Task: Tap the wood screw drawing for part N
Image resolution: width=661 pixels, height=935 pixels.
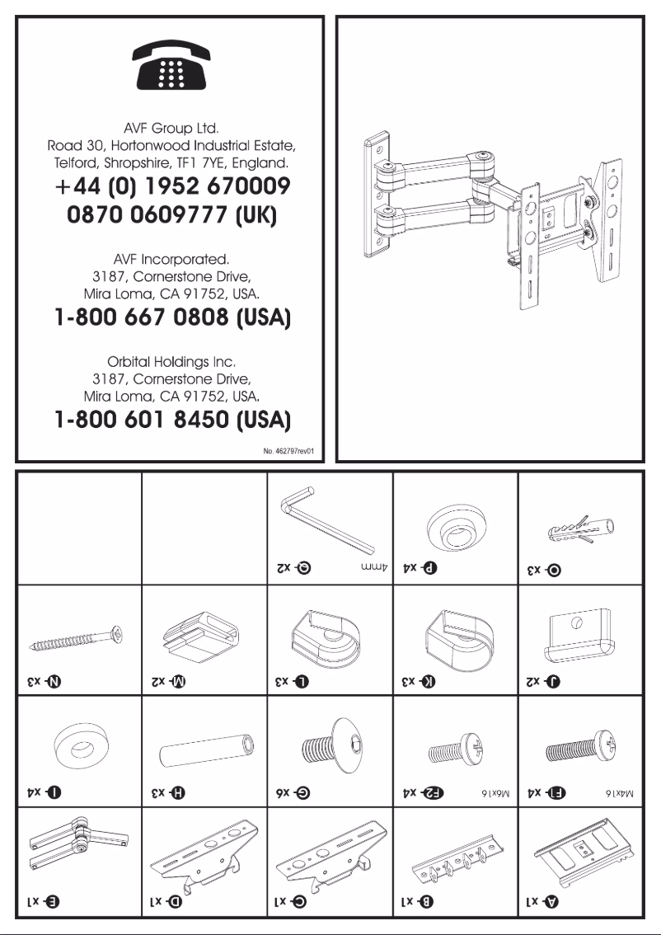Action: [x=78, y=637]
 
